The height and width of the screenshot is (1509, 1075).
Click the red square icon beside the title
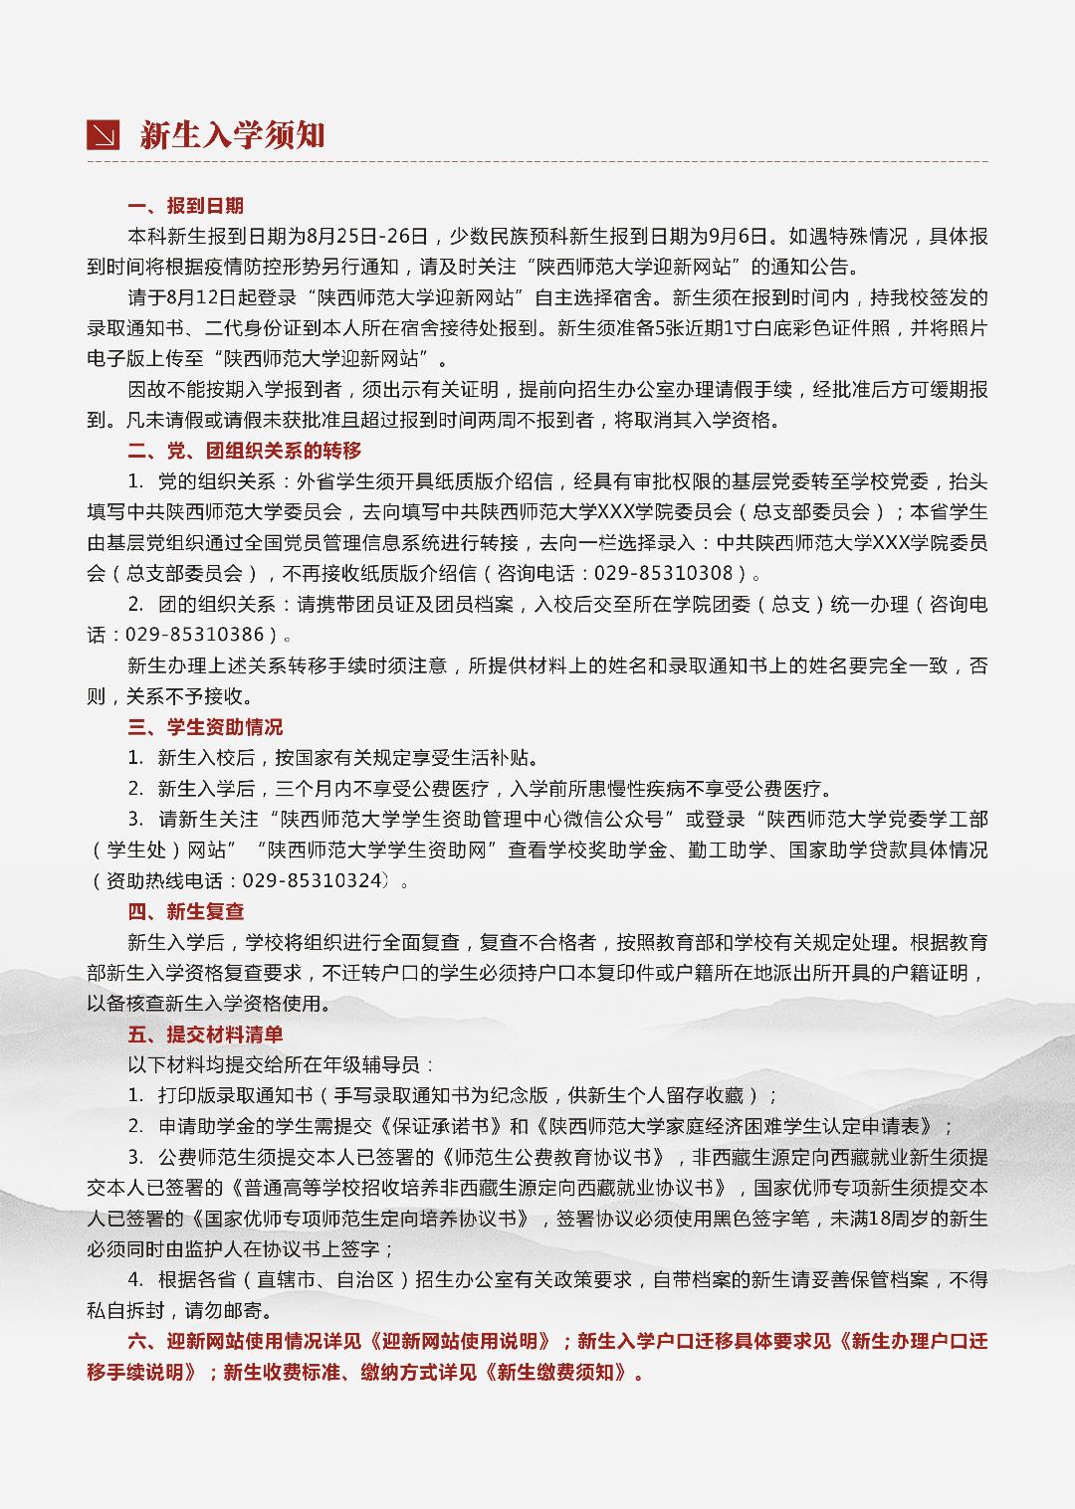click(104, 134)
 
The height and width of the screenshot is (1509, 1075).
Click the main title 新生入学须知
click(233, 135)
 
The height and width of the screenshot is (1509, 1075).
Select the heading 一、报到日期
click(186, 206)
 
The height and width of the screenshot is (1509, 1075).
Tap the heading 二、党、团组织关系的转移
click(245, 451)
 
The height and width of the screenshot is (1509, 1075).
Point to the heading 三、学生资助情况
click(205, 727)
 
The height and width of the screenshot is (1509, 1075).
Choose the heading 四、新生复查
click(186, 911)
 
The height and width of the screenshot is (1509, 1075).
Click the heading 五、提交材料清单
click(205, 1035)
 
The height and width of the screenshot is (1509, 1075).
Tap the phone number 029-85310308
click(665, 574)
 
